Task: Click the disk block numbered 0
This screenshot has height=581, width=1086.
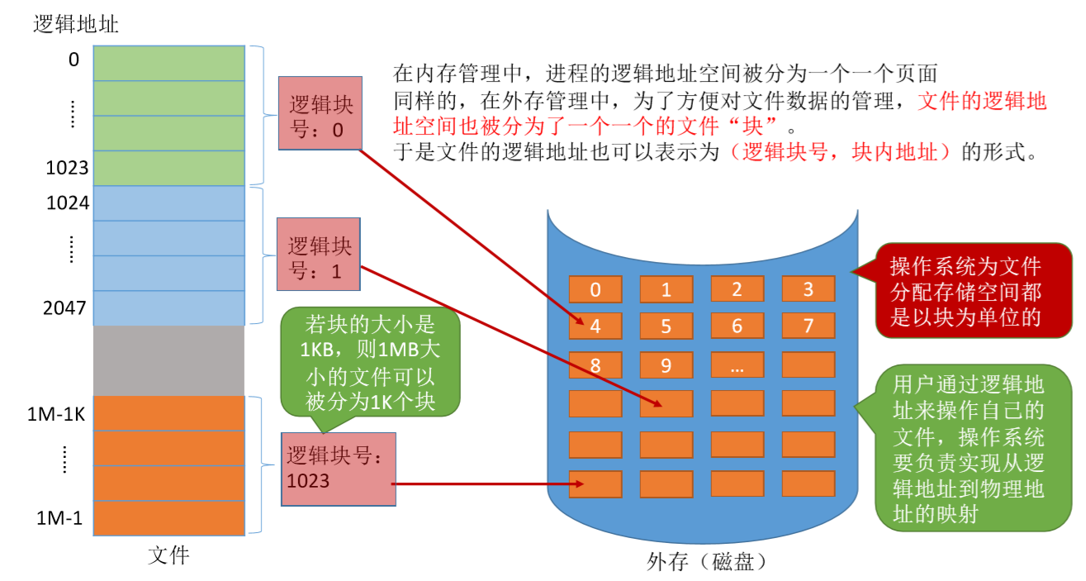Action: pyautogui.click(x=595, y=289)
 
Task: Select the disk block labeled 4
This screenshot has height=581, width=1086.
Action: pyautogui.click(x=595, y=326)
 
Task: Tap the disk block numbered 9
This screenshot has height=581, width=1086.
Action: pyautogui.click(x=666, y=364)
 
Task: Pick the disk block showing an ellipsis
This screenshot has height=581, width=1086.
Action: pyautogui.click(x=737, y=364)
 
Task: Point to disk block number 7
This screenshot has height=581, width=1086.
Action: pyautogui.click(x=809, y=326)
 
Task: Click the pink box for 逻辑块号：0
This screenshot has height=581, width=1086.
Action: pyautogui.click(x=320, y=113)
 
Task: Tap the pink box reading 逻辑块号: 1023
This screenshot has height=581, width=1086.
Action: pyautogui.click(x=338, y=469)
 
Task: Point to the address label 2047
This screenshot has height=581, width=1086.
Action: pyautogui.click(x=66, y=308)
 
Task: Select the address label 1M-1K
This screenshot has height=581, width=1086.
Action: pyautogui.click(x=56, y=414)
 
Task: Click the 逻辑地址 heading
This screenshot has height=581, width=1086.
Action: pyautogui.click(x=76, y=24)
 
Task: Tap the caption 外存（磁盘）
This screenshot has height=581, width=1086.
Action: pyautogui.click(x=708, y=563)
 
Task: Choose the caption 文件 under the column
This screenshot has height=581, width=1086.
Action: pyautogui.click(x=168, y=555)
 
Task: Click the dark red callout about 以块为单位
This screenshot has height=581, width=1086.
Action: pyautogui.click(x=965, y=291)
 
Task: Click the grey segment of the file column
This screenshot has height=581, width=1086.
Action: pyautogui.click(x=168, y=360)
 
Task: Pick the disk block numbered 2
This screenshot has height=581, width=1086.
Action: pyautogui.click(x=737, y=289)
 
